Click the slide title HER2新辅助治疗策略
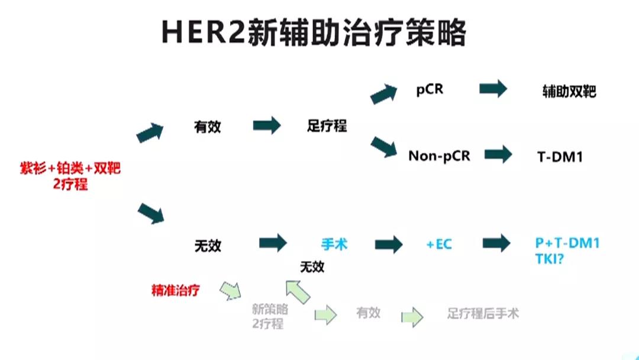pos(314,33)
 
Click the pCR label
pos(430,90)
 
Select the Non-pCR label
pos(439,156)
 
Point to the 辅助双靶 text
pos(569,92)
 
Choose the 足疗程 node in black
pos(327,126)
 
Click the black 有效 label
pos(207,127)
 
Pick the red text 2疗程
pos(70,184)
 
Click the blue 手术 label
pos(334,243)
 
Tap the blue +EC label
pos(439,244)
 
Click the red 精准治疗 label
pos(176,291)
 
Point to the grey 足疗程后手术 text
pos(483,313)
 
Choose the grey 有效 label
pos(368,313)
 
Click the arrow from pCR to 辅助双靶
pos(493,89)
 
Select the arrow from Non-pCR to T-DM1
pos(498,155)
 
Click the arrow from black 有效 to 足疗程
pos(267,126)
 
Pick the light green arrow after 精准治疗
pos(231,290)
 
